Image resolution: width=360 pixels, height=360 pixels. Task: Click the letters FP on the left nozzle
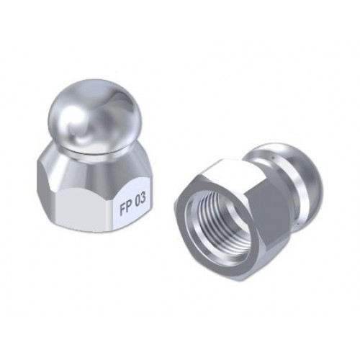[x=125, y=207]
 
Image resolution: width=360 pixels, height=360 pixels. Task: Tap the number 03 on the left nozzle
[x=140, y=200]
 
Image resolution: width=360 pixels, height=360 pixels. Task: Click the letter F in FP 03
[x=122, y=208]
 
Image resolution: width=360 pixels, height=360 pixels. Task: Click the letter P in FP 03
[x=129, y=205]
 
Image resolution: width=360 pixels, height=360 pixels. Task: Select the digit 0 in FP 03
[x=138, y=202]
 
